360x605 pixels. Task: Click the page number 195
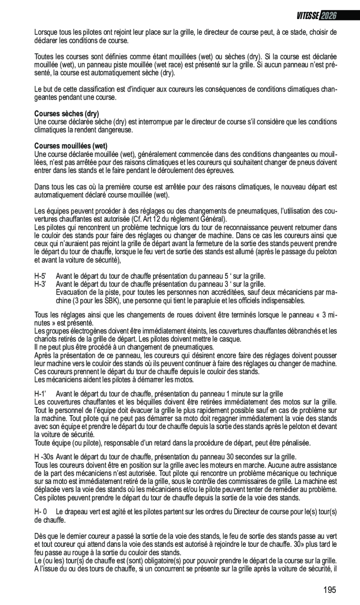point(329,590)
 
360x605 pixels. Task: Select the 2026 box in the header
point(328,15)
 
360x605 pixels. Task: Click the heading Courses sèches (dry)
point(67,114)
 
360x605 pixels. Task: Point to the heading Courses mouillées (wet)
point(71,146)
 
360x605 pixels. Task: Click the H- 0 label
point(41,511)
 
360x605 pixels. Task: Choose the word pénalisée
point(295,442)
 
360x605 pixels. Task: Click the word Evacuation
point(71,293)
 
